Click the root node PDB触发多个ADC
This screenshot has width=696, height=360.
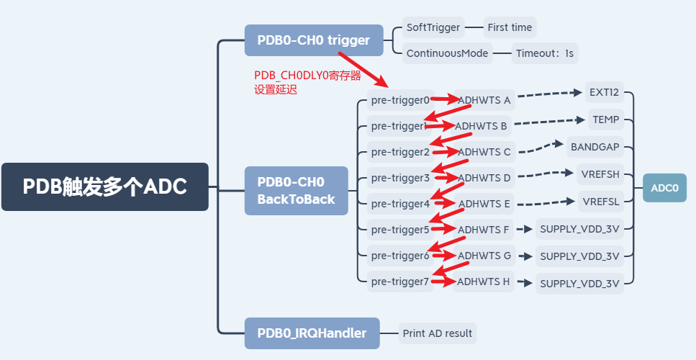tap(105, 186)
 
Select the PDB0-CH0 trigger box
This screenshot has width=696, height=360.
tap(308, 40)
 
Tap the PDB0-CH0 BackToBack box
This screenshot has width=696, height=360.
tap(296, 191)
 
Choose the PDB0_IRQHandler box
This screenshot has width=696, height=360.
tap(312, 333)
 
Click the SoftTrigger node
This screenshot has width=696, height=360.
tap(433, 27)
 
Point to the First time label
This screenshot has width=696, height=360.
tap(510, 27)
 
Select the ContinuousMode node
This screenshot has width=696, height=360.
tap(448, 53)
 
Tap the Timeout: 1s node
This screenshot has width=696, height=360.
tap(546, 53)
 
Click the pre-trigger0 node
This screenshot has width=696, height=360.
tap(399, 99)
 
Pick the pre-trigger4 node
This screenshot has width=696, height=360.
tap(399, 204)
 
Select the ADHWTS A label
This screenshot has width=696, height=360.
tap(484, 99)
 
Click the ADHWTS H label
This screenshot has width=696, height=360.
tap(484, 282)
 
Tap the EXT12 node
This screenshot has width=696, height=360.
tap(604, 93)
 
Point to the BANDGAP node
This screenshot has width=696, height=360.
tap(595, 146)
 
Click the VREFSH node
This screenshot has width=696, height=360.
tap(600, 174)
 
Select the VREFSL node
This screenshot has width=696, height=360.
tap(600, 201)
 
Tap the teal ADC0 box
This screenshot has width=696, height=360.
tap(664, 188)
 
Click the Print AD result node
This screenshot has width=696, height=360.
tap(438, 333)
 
